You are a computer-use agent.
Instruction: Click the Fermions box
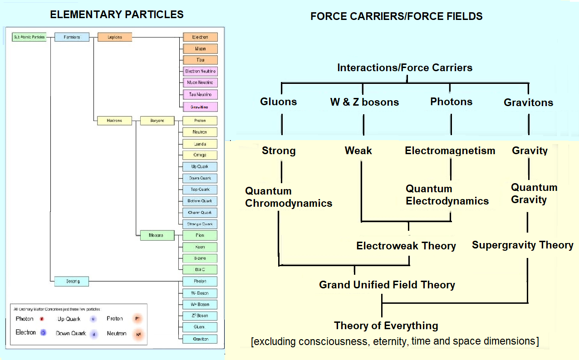pos(72,37)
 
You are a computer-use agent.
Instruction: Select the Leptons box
pos(115,37)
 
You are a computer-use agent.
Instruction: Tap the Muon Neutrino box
pos(200,83)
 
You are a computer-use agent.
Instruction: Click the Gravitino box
pos(200,107)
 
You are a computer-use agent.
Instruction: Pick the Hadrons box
pos(115,121)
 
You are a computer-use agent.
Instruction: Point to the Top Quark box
pos(200,190)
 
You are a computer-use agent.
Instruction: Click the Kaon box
pos(200,247)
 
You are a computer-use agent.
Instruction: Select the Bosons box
pos(72,281)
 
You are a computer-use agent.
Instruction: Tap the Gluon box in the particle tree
pos(200,327)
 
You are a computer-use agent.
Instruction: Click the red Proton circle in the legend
pos(138,319)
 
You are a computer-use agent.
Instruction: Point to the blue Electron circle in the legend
pos(43,333)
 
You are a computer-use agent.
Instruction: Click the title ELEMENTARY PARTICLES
pos(117,15)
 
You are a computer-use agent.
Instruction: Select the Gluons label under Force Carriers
pos(279,102)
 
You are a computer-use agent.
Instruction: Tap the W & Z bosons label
pos(364,102)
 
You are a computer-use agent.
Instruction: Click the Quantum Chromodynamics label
pos(289,197)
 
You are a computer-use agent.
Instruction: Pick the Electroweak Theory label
pos(406,246)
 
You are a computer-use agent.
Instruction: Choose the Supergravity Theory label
pos(522,245)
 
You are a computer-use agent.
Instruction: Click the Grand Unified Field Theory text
pos(387,285)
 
